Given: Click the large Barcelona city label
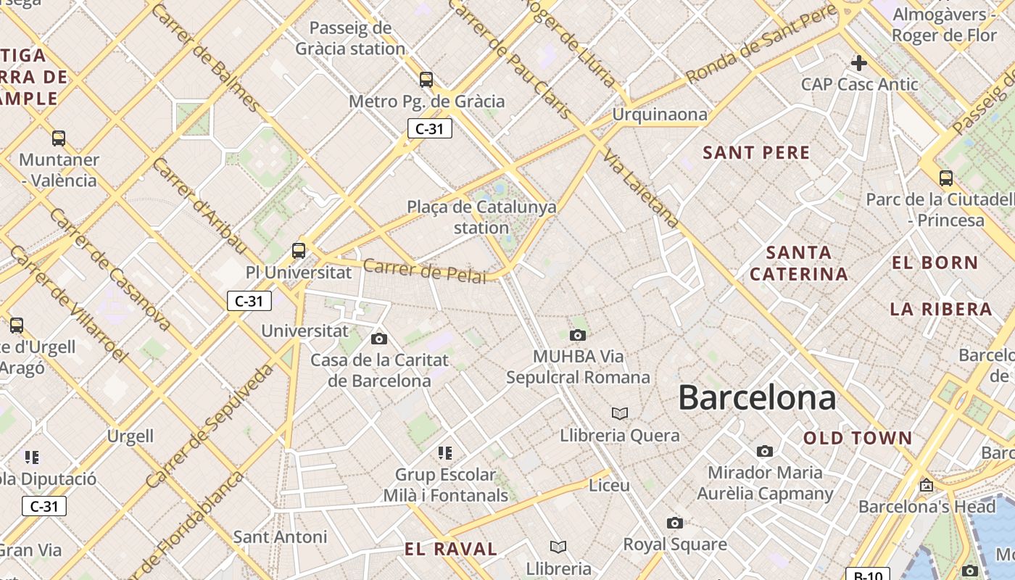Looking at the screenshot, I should click(x=757, y=398).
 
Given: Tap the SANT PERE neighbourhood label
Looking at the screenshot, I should click(x=756, y=153).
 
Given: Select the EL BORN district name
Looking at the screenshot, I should click(x=935, y=263).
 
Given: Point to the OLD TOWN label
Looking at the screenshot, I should click(x=858, y=438).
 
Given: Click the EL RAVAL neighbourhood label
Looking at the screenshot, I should click(x=451, y=549).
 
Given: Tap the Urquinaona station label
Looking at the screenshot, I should click(x=659, y=115).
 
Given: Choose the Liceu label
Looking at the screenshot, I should click(x=609, y=485).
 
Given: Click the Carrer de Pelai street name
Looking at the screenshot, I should click(x=424, y=270).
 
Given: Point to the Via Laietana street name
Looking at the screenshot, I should click(x=641, y=189).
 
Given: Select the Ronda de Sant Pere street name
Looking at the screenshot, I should click(x=761, y=45).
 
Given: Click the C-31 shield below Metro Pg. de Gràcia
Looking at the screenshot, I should click(x=429, y=129).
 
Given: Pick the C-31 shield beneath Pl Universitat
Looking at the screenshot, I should click(x=249, y=301).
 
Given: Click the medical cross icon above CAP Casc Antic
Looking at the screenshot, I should click(x=859, y=63).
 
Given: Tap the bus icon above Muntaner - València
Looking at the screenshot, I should click(x=59, y=138).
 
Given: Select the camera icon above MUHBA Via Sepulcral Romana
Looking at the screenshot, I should click(x=577, y=335).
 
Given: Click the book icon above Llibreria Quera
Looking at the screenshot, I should click(x=619, y=413).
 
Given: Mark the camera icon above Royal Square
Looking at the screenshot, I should click(x=674, y=523).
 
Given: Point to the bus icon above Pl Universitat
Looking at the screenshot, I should click(x=298, y=251).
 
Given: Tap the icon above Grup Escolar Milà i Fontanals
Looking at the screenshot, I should click(x=445, y=453).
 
